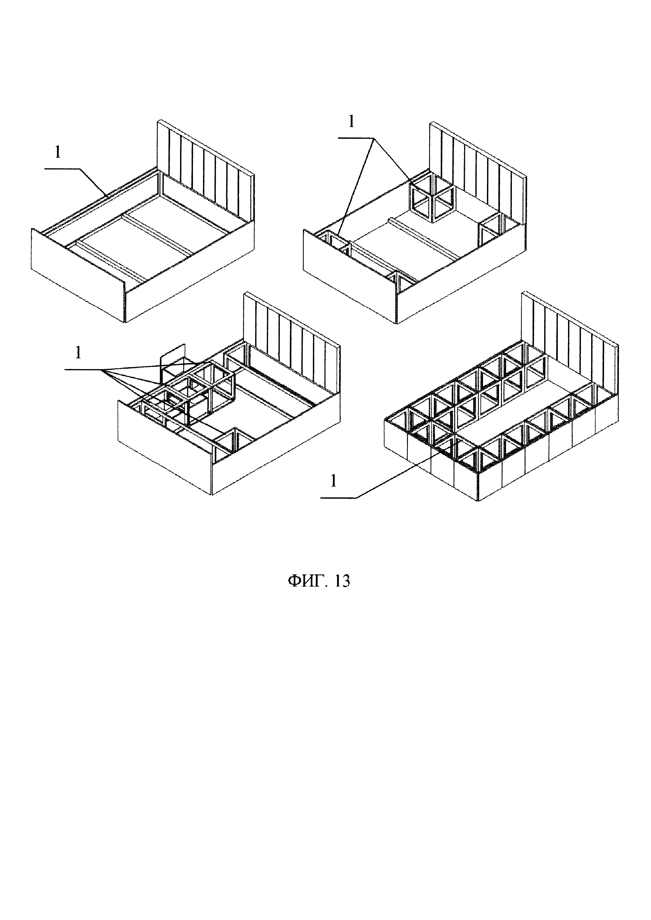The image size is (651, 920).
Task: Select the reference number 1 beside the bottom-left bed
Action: (78, 353)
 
